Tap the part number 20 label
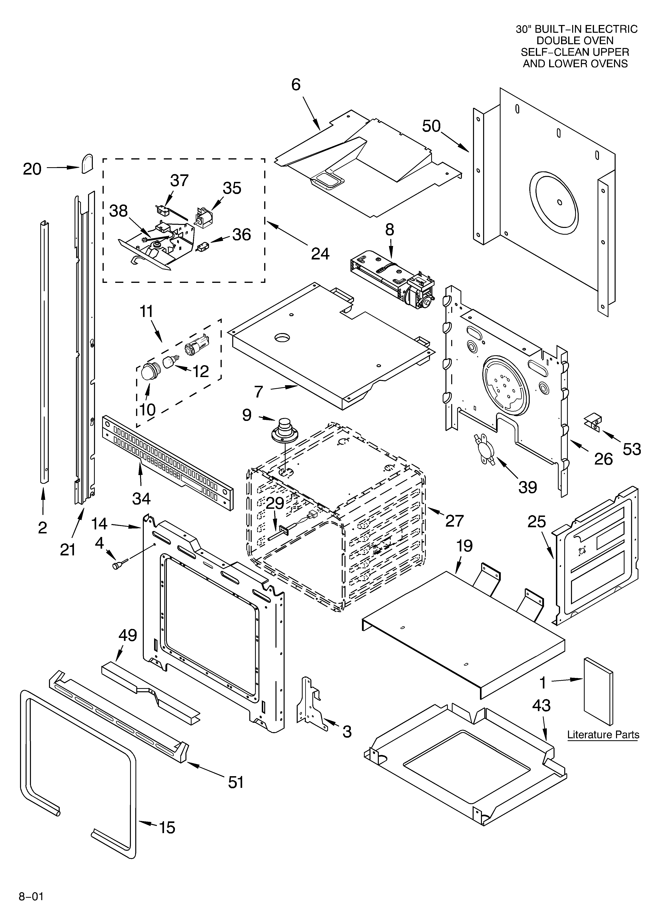pyautogui.click(x=32, y=169)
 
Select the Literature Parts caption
pyautogui.click(x=603, y=735)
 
